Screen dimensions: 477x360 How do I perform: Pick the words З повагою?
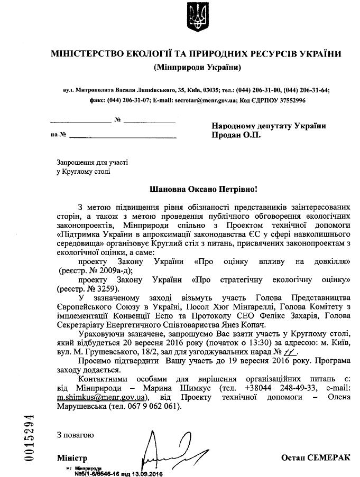pyautogui.click(x=76, y=435)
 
